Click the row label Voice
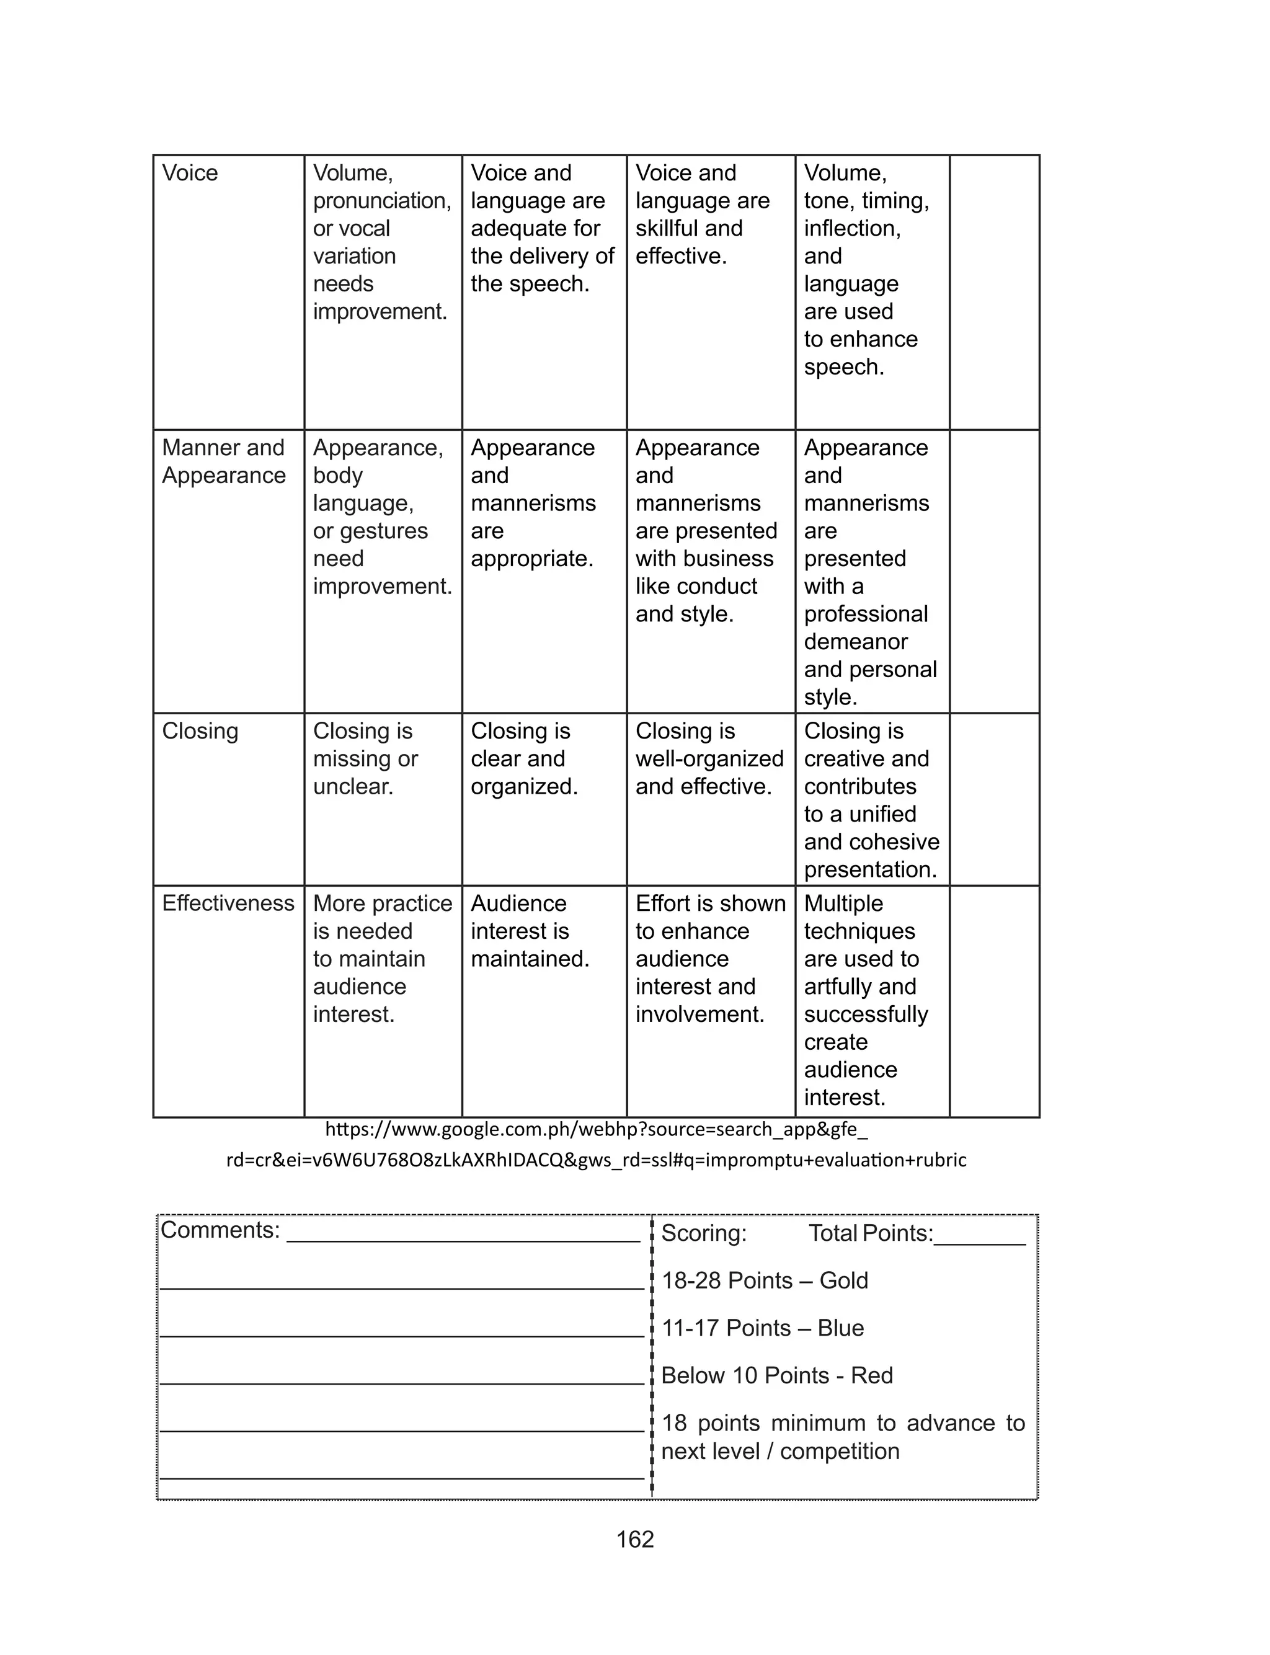[190, 173]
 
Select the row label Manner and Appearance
[224, 462]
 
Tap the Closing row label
[200, 731]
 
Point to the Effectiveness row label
[228, 903]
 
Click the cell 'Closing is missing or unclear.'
[366, 759]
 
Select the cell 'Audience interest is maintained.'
[529, 931]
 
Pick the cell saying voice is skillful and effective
[701, 215]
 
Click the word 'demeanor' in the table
[856, 642]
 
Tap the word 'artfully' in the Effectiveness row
[840, 986]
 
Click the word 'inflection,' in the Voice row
[852, 228]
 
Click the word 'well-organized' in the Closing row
[709, 759]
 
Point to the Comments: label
[220, 1230]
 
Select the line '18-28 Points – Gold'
[764, 1281]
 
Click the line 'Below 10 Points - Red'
[776, 1375]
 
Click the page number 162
[635, 1540]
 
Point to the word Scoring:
[704, 1233]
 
